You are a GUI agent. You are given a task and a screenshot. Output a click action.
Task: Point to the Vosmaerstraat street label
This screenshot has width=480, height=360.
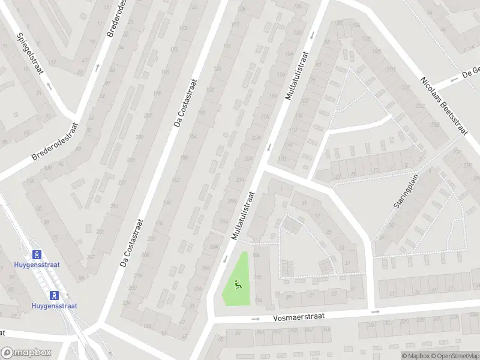point(298,316)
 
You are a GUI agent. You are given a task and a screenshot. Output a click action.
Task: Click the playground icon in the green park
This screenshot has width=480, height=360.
point(238,286)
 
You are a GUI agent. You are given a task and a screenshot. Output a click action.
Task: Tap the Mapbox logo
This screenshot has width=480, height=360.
point(26,353)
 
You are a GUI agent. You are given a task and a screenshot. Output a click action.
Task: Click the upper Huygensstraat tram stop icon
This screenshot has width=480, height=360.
point(38,254)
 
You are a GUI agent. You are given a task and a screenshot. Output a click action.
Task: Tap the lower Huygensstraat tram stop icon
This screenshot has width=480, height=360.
point(55,295)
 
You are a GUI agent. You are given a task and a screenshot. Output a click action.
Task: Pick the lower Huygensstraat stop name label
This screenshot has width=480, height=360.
point(55,305)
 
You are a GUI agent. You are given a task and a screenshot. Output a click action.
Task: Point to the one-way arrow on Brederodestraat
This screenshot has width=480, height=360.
point(98,67)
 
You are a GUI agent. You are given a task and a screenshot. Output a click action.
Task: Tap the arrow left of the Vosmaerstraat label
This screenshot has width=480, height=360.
point(255,319)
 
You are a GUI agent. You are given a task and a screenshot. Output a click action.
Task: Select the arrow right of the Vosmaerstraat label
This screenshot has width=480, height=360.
point(376,312)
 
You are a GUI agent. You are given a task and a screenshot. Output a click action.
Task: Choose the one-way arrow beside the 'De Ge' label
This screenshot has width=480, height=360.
point(439,84)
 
